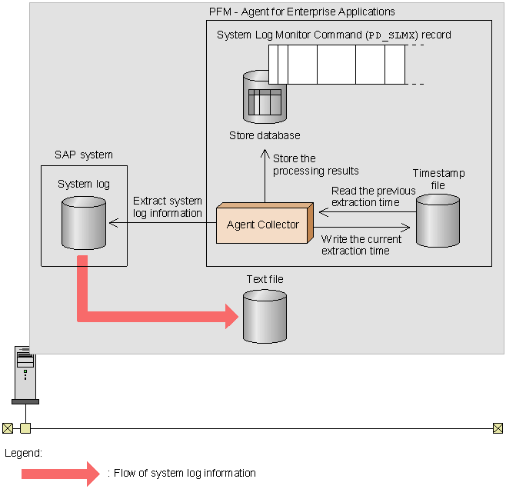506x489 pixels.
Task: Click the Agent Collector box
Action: pos(263,225)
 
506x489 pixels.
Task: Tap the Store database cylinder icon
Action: pos(264,98)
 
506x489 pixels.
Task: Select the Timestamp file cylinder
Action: pos(438,221)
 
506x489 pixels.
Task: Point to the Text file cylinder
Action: pos(265,316)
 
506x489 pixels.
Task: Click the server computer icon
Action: pos(25,374)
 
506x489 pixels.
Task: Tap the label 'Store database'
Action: pos(265,136)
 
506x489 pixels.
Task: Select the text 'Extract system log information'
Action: pos(167,207)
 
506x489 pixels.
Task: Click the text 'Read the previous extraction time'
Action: pos(373,196)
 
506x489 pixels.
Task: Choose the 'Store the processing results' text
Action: pos(315,165)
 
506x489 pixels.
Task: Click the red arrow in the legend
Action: pos(60,473)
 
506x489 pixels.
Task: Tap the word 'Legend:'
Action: pos(23,454)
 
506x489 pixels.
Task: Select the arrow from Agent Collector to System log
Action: pos(161,224)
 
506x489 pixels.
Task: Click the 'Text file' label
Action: pos(265,279)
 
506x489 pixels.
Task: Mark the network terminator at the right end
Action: pos(498,428)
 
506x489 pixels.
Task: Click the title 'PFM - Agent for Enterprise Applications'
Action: pos(301,12)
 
